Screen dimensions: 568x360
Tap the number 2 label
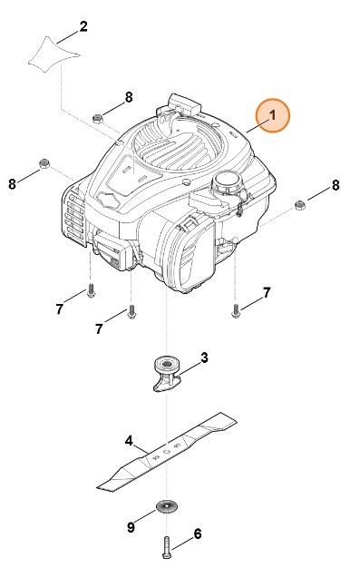[83, 25]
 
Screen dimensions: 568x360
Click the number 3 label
[204, 358]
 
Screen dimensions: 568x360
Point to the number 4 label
[129, 442]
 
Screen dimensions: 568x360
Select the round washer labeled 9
[165, 507]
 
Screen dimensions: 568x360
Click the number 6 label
[198, 534]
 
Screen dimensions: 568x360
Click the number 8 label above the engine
[129, 97]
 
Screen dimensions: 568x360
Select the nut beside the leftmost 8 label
[43, 164]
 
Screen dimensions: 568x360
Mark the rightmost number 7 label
[267, 292]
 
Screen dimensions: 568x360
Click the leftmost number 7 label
[59, 309]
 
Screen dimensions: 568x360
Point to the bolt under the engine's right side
[235, 310]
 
